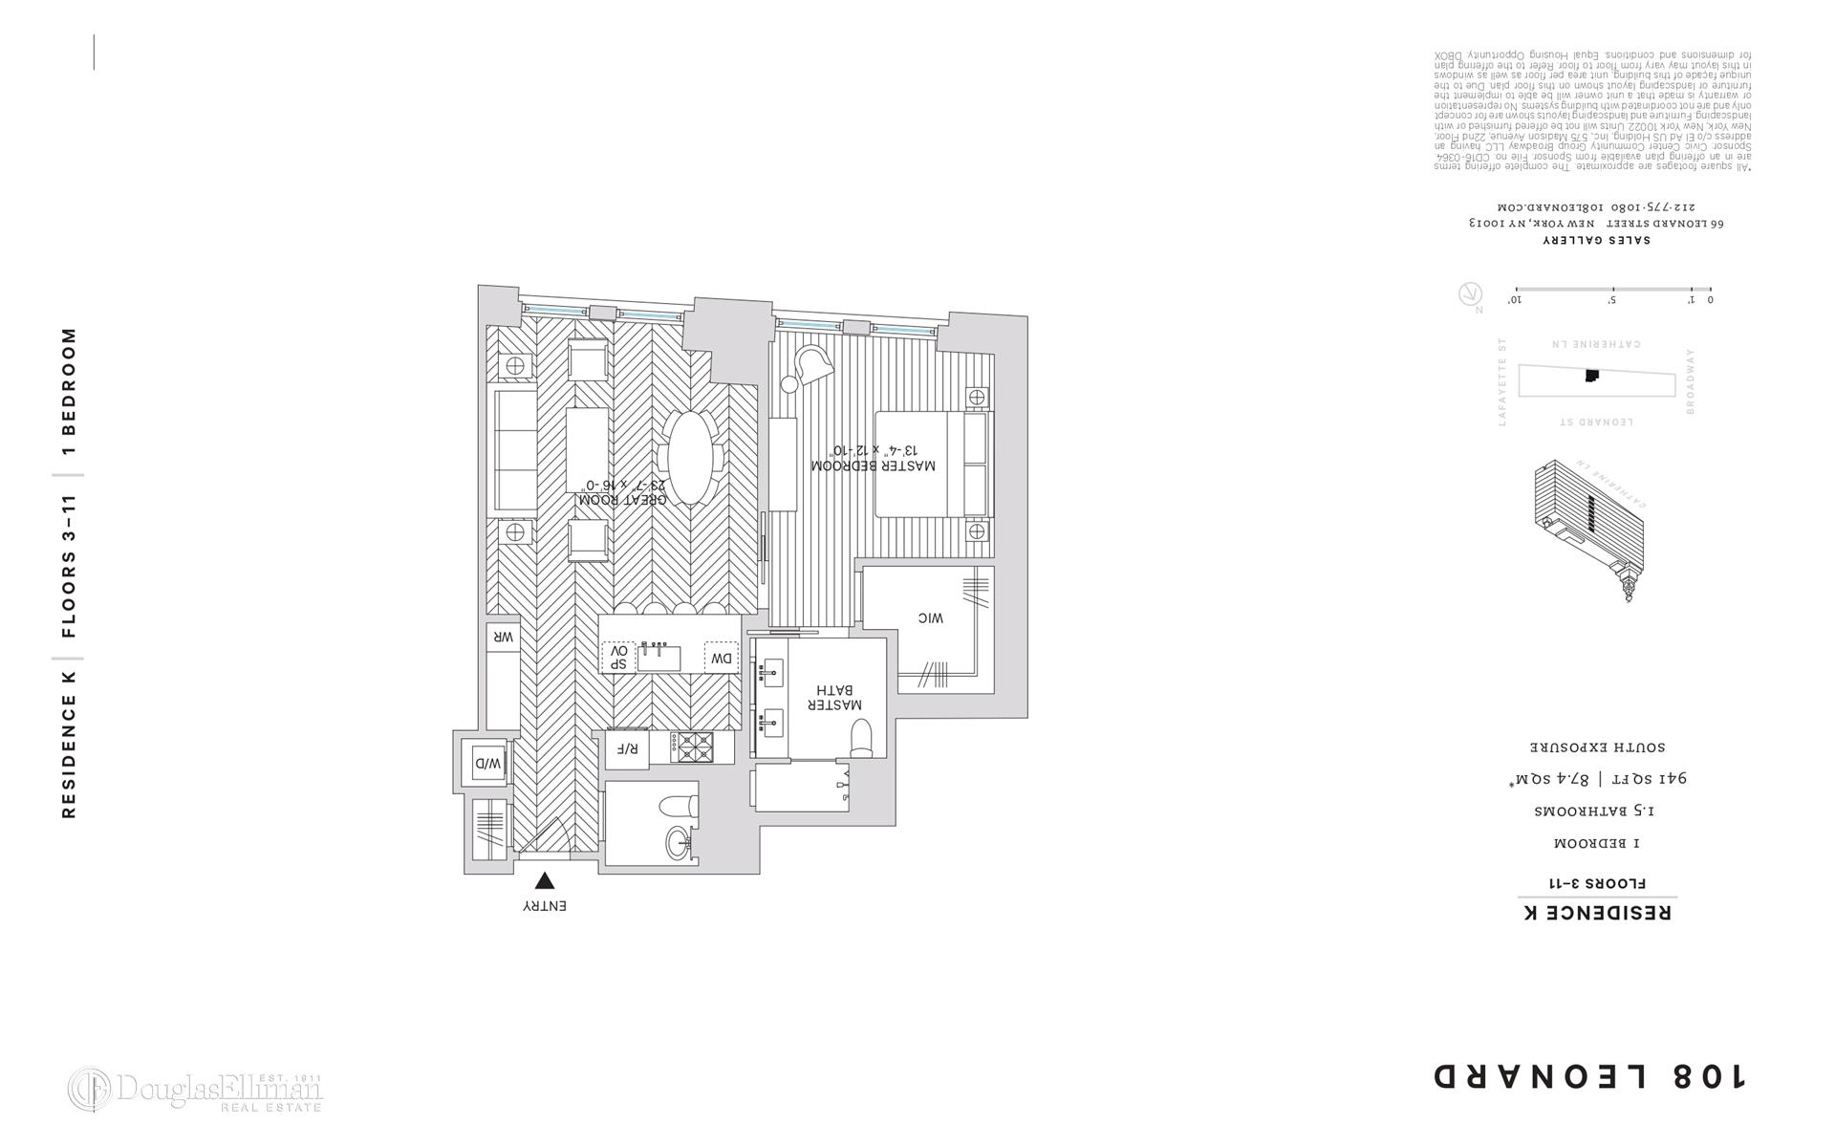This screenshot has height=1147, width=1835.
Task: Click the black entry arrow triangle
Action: coord(544,881)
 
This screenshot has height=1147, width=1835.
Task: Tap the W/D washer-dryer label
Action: coord(486,764)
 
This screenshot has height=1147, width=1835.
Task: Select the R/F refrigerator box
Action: coord(626,748)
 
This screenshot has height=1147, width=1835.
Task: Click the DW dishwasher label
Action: coord(722,658)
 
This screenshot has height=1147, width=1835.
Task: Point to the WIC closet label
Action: coord(930,618)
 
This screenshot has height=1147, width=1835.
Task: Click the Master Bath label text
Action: coord(834,697)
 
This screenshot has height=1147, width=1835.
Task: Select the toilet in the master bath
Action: coord(861,738)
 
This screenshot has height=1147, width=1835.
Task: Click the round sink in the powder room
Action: coord(680,842)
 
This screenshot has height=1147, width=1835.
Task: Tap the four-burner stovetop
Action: coord(691,747)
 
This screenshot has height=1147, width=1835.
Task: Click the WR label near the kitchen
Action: coord(503,637)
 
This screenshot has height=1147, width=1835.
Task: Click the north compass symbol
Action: coord(1470,294)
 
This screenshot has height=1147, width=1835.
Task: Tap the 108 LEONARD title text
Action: coord(1589,1076)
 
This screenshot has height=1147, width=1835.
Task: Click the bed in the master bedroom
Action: coord(932,465)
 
